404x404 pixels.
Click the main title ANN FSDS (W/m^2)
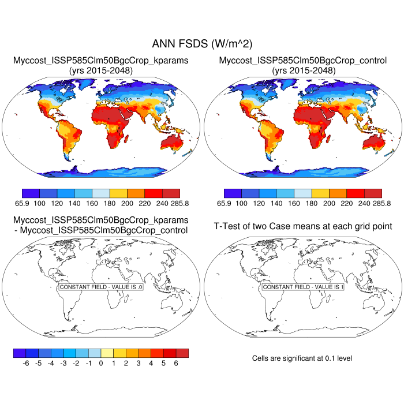[202, 44]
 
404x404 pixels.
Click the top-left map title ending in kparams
[100, 60]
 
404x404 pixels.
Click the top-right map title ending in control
[303, 60]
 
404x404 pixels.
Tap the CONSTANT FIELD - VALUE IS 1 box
[303, 287]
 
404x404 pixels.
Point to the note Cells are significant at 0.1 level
[302, 358]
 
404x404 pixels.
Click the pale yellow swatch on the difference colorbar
[107, 353]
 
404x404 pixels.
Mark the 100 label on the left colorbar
[39, 203]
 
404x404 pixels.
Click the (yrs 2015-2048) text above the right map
[303, 70]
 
